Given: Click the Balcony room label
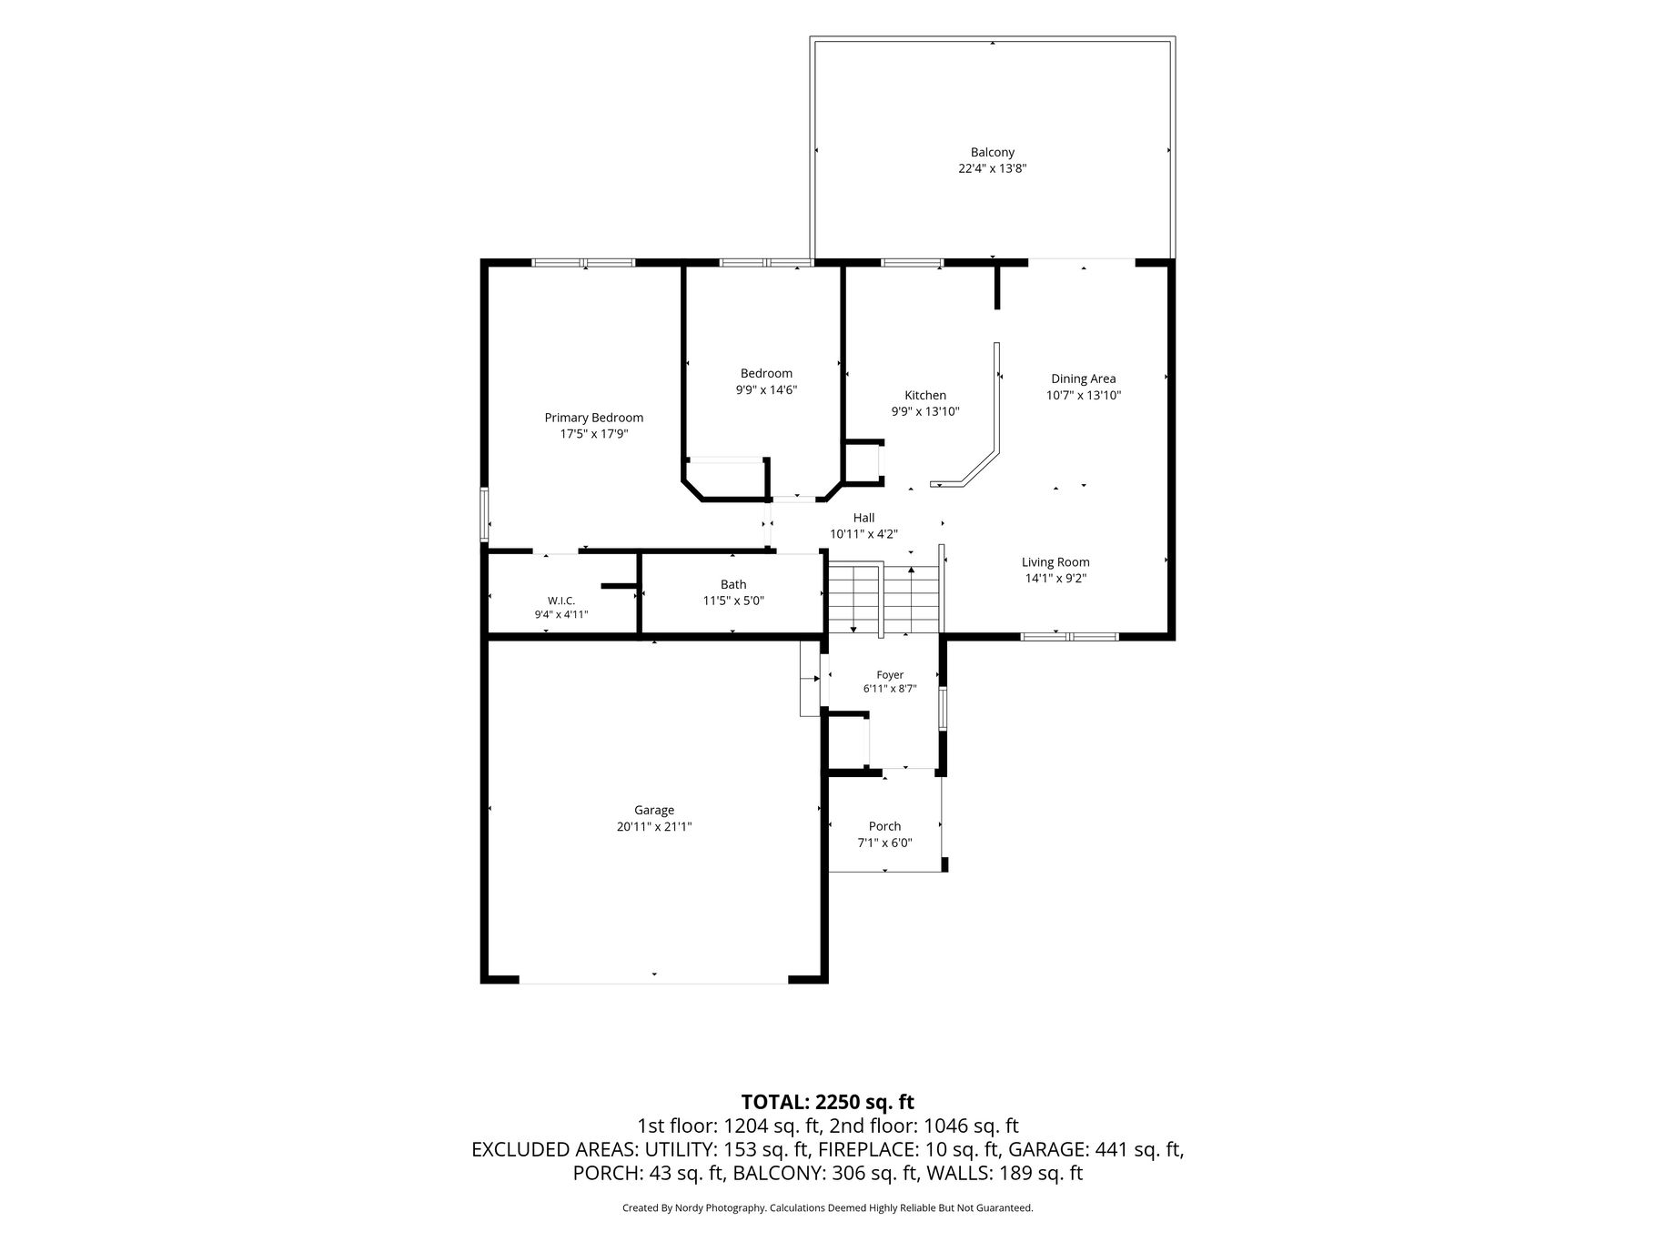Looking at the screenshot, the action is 992,153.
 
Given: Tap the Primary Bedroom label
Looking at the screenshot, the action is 593,418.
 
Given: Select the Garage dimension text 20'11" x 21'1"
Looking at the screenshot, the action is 653,827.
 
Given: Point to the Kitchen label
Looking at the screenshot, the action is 924,395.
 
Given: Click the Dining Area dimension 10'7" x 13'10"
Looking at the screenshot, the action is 1083,395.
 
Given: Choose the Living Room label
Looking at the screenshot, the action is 1055,562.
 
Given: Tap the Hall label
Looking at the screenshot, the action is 863,518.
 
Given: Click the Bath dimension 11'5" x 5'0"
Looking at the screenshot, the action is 733,601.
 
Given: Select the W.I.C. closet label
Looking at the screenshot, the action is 561,601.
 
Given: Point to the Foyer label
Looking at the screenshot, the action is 890,675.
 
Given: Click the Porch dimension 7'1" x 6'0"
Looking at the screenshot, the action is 884,843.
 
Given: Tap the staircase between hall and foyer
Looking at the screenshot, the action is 883,598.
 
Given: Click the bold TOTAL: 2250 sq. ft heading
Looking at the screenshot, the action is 827,1102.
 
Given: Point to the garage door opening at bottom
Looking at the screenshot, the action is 653,983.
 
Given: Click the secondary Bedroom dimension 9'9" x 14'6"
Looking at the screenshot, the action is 766,389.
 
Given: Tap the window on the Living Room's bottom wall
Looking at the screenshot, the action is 1068,636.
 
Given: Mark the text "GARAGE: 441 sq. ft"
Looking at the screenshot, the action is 1096,1149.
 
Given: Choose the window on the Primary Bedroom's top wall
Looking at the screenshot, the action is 583,263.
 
